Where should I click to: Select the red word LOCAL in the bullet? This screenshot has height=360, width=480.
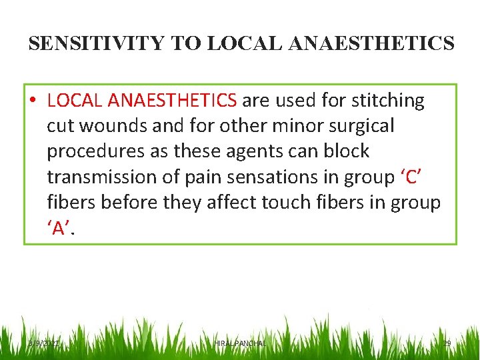(75, 101)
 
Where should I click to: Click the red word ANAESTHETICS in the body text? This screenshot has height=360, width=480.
(172, 101)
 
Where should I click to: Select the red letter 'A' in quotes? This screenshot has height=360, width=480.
(59, 228)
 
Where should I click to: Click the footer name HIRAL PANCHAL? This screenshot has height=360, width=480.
(240, 343)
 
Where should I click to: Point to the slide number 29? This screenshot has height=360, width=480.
(447, 343)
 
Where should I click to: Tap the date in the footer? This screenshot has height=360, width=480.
(43, 343)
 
